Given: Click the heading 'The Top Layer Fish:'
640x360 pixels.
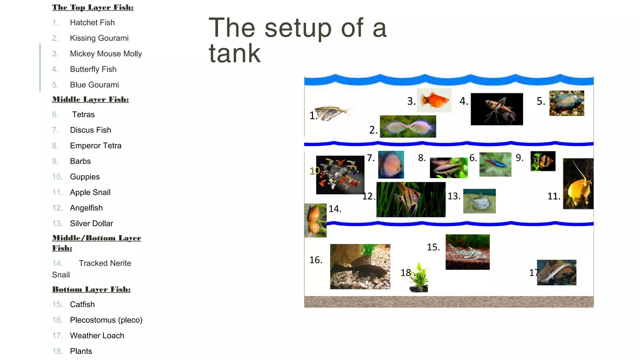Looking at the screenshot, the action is (93, 7).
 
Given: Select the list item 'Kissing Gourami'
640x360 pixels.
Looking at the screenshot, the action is (99, 38).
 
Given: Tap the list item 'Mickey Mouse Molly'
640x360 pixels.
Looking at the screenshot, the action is (106, 54).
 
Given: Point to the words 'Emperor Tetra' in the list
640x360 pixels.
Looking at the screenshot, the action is (96, 146).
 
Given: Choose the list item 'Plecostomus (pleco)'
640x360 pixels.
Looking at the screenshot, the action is (106, 320).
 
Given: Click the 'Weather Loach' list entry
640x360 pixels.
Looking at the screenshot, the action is (97, 336).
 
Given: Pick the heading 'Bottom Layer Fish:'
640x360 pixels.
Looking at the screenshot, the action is (91, 289).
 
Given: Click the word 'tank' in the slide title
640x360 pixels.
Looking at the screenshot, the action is (235, 53).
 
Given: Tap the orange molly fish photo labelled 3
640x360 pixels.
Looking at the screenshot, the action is (434, 100).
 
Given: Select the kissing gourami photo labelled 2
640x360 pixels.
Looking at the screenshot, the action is (408, 127).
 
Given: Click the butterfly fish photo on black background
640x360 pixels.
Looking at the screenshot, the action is (497, 109).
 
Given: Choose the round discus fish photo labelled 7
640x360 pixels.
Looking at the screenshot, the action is (391, 165).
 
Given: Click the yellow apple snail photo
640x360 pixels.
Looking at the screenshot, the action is (578, 184).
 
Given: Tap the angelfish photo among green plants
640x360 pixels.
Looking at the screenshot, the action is (411, 200).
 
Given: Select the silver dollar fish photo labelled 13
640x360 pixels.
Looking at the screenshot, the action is (479, 201).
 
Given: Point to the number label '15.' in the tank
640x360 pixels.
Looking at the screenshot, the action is (433, 247).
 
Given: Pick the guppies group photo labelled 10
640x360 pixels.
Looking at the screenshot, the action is (340, 175).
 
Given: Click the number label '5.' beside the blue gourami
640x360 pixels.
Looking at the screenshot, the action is (541, 101).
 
